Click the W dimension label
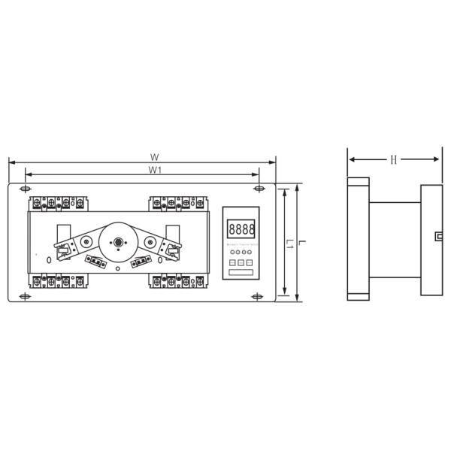[x=153, y=157]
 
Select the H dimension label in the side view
[x=394, y=159]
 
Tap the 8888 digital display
[x=241, y=227]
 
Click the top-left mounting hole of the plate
[x=27, y=188]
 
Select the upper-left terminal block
[x=61, y=202]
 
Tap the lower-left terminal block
[x=61, y=282]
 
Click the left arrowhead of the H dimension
[x=351, y=159]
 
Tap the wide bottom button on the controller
[x=241, y=273]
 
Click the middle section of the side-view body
[x=395, y=239]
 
